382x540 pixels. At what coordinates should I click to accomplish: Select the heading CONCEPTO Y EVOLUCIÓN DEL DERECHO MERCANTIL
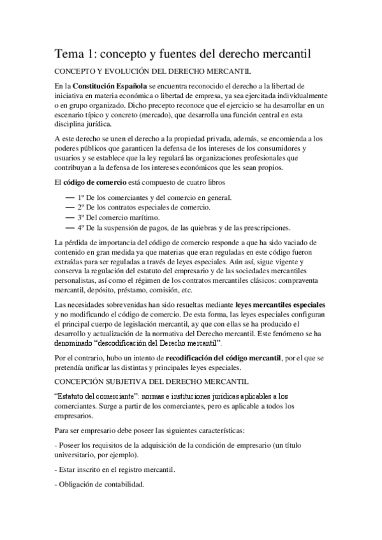[x=153, y=71]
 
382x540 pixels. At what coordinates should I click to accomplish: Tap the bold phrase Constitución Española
[x=103, y=86]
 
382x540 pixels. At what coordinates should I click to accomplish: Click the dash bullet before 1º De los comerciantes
[x=70, y=197]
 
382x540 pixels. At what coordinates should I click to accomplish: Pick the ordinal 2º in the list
[x=81, y=208]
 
